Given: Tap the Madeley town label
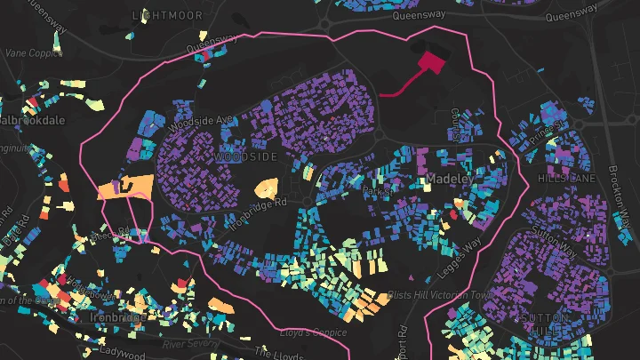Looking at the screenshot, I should click(448, 179).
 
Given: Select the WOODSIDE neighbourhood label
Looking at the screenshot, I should click(246, 156).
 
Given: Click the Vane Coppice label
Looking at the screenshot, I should click(28, 52).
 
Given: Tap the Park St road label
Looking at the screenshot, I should click(377, 190).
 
